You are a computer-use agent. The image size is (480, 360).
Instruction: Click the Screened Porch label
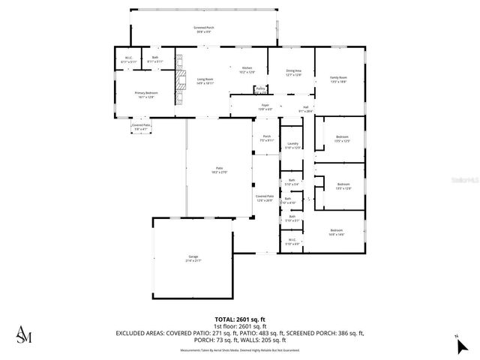204,29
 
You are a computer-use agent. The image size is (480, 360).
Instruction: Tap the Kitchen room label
247,70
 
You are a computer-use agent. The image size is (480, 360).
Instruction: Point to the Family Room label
339,79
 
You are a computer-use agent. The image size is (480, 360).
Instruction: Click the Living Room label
205,81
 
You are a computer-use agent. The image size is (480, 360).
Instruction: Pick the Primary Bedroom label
146,94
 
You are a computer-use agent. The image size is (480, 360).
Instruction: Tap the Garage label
193,258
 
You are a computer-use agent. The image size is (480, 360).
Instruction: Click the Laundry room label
292,145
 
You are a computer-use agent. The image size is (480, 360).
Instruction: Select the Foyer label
265,107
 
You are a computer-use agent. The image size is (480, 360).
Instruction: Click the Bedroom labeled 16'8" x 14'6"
336,232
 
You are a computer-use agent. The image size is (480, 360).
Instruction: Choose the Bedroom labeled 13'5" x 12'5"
342,139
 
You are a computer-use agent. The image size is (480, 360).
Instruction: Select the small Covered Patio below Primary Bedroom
142,127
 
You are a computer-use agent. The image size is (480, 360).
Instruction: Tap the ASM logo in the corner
25,334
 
